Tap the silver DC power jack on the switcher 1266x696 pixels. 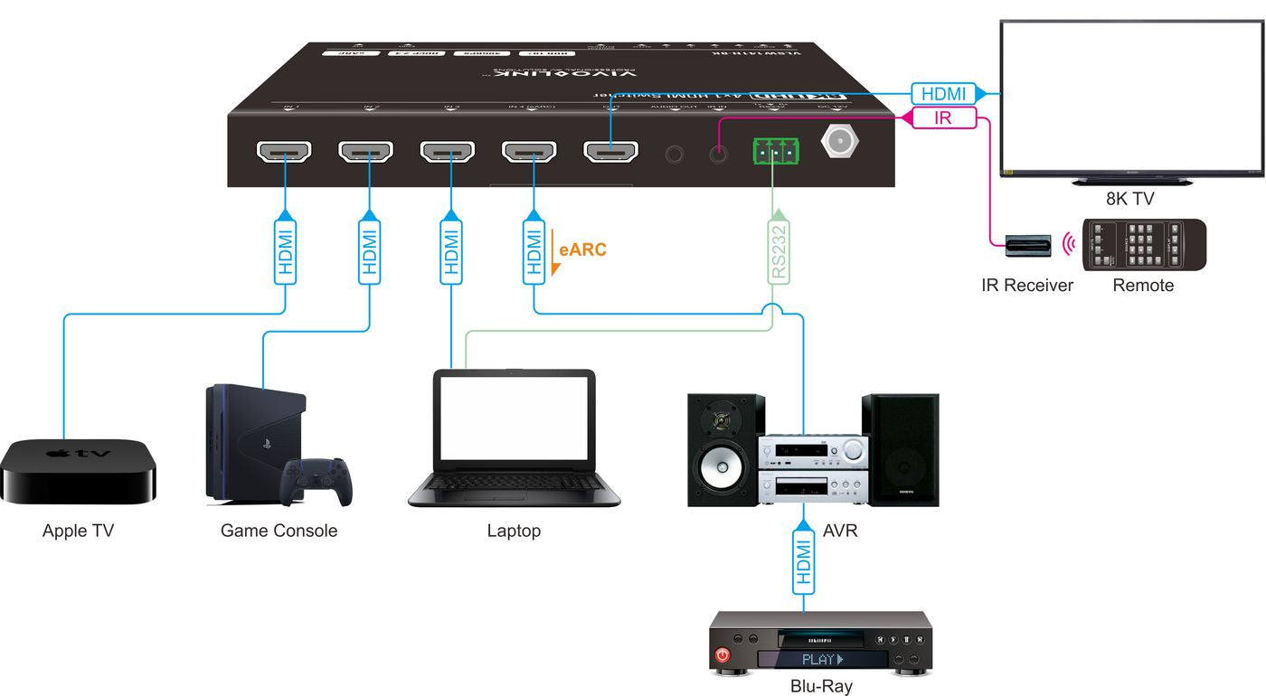(840, 142)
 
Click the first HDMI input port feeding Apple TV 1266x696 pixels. (284, 152)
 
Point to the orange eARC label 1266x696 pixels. (582, 249)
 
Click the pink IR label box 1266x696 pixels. (943, 118)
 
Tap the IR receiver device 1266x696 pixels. (1028, 245)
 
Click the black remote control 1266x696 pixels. (1145, 245)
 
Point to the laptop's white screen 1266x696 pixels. (513, 419)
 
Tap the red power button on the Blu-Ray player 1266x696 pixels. (723, 654)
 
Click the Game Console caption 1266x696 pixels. (279, 531)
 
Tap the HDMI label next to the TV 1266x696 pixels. (942, 93)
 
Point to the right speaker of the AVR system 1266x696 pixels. (900, 450)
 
